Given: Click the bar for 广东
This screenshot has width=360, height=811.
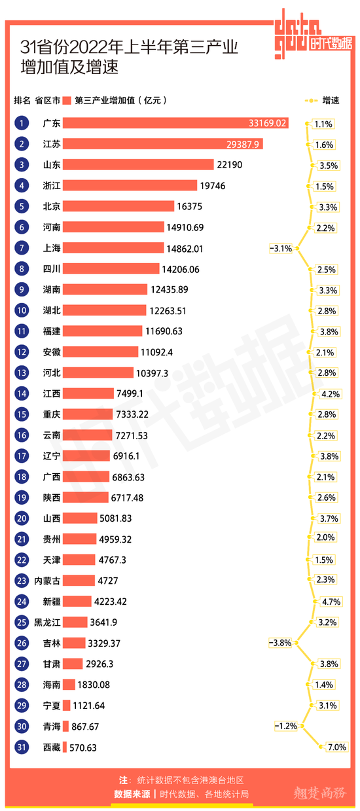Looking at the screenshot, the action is [175, 123].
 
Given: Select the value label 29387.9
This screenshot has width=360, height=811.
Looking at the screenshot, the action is [243, 145].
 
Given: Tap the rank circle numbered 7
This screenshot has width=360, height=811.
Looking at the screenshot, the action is [22, 248].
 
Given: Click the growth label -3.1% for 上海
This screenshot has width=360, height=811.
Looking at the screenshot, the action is [281, 248].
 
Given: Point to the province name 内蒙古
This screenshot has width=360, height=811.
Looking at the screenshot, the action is [47, 581].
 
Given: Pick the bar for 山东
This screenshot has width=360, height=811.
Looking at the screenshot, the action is [138, 165].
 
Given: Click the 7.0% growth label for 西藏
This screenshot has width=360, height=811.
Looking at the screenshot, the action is [337, 747].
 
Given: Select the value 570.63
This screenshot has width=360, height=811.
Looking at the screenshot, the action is [83, 748].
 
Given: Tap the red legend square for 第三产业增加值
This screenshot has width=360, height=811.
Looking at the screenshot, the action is [67, 101].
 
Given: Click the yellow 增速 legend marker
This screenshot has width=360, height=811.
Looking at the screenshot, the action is [311, 100].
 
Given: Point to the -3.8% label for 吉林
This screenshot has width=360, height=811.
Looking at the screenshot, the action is [280, 643].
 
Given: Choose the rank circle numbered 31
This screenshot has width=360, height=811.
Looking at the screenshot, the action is [22, 747].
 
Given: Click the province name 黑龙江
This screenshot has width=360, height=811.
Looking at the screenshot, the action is [47, 622].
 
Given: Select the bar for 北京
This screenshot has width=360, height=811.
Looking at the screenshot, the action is [118, 206].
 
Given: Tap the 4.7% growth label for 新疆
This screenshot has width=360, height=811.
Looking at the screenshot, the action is [331, 602].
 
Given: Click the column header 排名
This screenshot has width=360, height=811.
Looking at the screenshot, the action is [22, 101].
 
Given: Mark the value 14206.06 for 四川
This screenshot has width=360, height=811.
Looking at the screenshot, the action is [181, 270].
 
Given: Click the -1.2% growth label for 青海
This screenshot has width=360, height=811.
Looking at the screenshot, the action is [286, 726].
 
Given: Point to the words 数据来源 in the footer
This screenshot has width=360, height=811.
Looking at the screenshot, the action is [132, 794].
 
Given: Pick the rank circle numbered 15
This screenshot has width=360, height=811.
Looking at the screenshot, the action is [22, 414].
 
